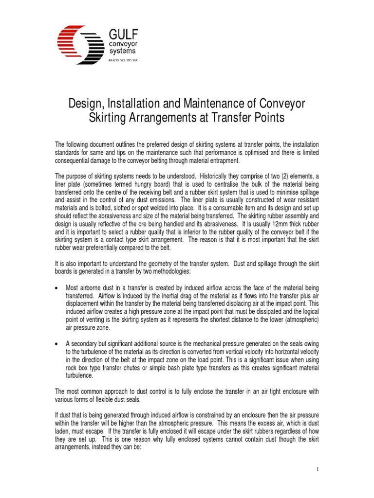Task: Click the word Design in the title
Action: (x=87, y=104)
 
